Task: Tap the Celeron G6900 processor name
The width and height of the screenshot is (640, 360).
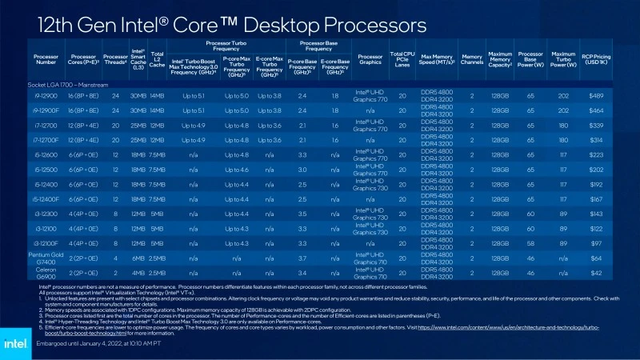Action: [46, 273]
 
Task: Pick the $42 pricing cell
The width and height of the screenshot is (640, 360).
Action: [595, 273]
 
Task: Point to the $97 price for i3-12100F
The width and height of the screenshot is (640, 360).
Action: [595, 242]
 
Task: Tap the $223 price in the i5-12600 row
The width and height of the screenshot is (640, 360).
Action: [595, 154]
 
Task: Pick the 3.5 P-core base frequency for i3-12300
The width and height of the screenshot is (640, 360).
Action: [302, 213]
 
